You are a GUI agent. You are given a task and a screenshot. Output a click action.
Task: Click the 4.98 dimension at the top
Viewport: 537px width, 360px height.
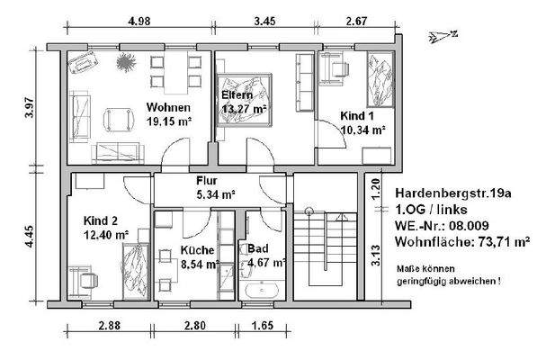[139, 22]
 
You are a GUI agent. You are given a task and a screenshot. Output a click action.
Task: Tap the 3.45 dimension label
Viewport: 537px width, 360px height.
[264, 22]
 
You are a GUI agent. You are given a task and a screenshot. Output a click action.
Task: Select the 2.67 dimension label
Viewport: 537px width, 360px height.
[356, 22]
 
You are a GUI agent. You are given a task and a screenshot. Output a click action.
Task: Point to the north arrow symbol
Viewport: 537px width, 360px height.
[443, 36]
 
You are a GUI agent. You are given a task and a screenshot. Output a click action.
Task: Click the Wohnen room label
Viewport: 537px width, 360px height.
[168, 107]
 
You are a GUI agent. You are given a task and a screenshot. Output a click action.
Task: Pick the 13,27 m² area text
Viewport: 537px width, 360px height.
[244, 109]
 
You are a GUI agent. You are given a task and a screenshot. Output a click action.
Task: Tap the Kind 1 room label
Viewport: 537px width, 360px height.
[357, 116]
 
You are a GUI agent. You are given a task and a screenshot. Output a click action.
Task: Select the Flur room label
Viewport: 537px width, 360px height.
[207, 181]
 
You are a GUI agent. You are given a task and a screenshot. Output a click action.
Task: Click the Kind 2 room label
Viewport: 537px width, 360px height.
[101, 220]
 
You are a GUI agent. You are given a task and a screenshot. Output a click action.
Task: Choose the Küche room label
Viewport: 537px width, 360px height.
[197, 250]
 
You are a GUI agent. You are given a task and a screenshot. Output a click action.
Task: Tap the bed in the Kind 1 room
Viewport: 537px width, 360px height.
[380, 79]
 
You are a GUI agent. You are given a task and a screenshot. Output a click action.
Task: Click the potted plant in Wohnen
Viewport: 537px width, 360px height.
[126, 62]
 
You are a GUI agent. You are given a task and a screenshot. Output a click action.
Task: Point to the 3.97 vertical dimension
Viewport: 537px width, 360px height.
[30, 108]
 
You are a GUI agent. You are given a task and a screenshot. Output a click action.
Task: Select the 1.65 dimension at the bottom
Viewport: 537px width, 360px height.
[263, 326]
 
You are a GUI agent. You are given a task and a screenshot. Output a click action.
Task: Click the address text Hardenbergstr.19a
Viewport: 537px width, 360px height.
[453, 193]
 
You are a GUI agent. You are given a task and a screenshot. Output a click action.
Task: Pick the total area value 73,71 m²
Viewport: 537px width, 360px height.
[504, 242]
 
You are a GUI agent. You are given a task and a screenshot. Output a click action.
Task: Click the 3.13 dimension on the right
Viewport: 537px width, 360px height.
[376, 256]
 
